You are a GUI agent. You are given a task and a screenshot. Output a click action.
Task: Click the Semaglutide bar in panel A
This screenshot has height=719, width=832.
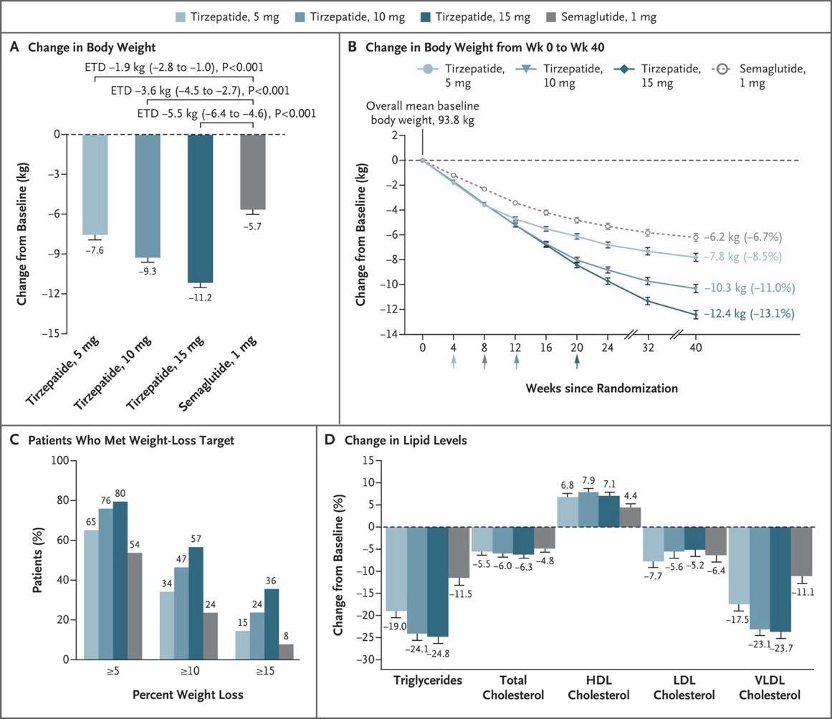(x=252, y=172)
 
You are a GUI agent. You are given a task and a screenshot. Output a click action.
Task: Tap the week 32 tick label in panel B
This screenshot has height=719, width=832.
(x=649, y=347)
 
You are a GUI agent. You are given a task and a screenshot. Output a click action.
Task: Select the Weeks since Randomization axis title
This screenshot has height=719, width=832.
(x=601, y=388)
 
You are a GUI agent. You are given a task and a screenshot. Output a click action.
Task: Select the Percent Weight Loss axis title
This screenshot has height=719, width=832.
(x=187, y=695)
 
